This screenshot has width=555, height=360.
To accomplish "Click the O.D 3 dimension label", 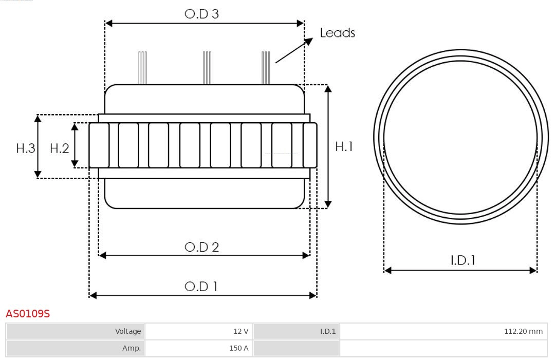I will pyautogui.click(x=201, y=14).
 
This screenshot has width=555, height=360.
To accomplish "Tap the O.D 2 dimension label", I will pyautogui.click(x=201, y=247).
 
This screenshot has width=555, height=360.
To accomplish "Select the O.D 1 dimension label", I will pyautogui.click(x=201, y=286).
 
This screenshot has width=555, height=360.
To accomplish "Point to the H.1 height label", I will pyautogui.click(x=344, y=146).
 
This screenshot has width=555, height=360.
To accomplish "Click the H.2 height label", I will pyautogui.click(x=59, y=148).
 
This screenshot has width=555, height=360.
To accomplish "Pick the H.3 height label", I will pyautogui.click(x=25, y=148).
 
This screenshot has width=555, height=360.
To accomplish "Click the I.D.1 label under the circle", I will pyautogui.click(x=462, y=260).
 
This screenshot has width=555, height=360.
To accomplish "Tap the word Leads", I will pyautogui.click(x=337, y=33).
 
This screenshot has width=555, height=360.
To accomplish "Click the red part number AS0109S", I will pyautogui.click(x=28, y=313).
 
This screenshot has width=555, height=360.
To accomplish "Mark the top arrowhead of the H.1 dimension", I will pyautogui.click(x=328, y=88).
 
